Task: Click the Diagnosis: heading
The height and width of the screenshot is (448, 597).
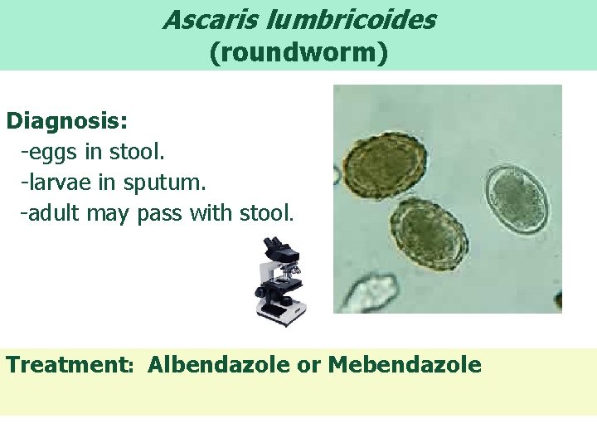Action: click(x=67, y=121)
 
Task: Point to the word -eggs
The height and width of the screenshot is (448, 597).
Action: click(x=51, y=153)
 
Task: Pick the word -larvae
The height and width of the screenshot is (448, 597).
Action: click(x=58, y=183)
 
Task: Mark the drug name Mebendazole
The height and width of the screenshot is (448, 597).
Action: click(x=405, y=365)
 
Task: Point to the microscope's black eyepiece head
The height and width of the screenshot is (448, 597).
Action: click(x=274, y=247)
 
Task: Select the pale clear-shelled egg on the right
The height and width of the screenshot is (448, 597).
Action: click(x=517, y=200)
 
